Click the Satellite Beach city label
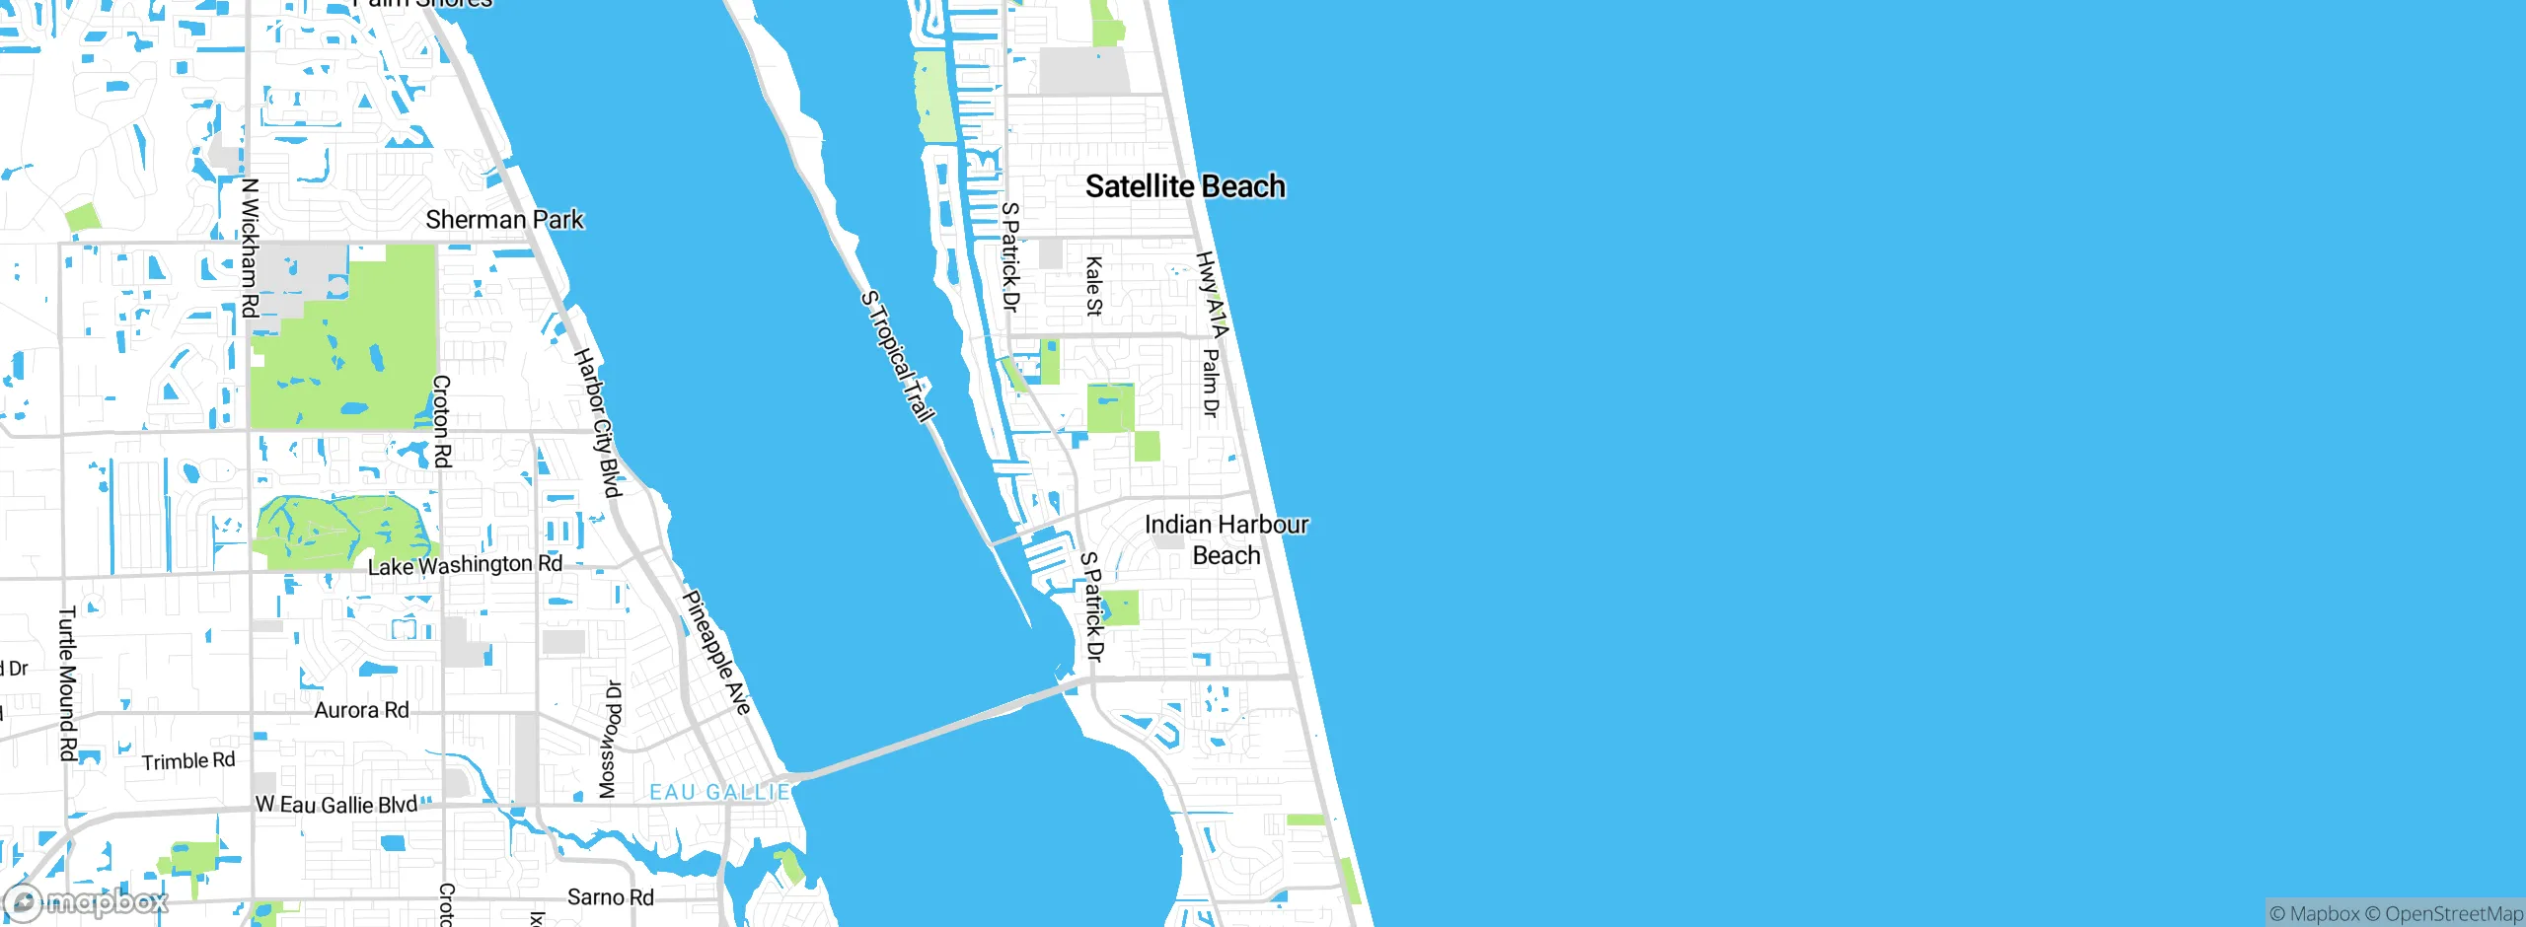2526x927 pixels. tap(1185, 186)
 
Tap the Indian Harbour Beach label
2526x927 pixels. tap(1226, 539)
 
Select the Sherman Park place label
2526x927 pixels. tap(504, 219)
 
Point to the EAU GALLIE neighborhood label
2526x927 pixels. tap(719, 792)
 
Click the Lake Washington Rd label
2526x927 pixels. tap(465, 565)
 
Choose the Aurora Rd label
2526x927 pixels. tap(361, 710)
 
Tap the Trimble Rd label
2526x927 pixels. tap(188, 761)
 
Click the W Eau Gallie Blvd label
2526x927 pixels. tap(336, 805)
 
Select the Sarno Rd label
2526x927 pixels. tap(610, 897)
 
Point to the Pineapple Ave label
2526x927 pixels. tap(717, 652)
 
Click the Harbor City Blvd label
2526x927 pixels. tap(597, 422)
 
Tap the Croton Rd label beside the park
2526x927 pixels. tap(442, 421)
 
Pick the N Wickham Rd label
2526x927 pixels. tap(250, 248)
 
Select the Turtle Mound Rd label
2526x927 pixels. tap(67, 683)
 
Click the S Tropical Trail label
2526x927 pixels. tap(897, 356)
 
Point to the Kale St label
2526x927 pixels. tap(1093, 286)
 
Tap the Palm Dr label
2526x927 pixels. tap(1211, 382)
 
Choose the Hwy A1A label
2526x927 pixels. tap(1212, 294)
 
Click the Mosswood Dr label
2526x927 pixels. tap(611, 740)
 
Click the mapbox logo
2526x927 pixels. tap(87, 901)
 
